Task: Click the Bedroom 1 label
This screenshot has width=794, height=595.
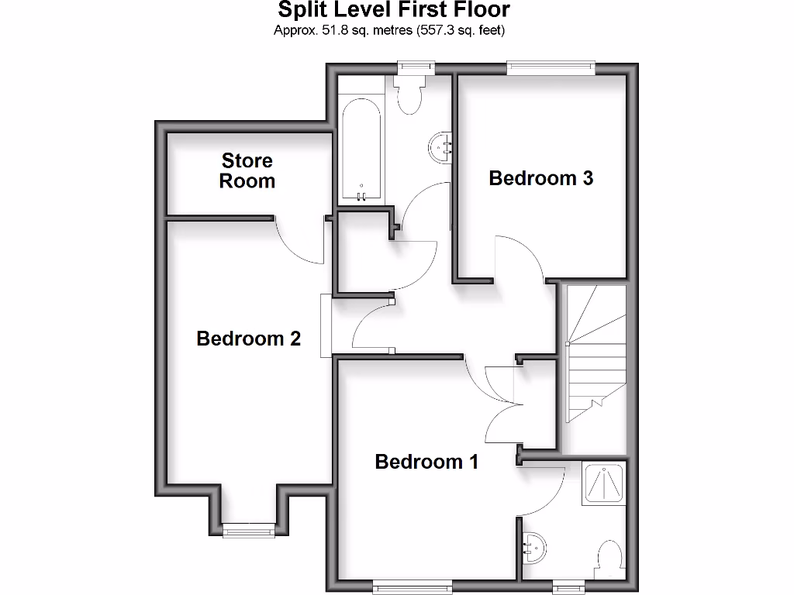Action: [x=426, y=462]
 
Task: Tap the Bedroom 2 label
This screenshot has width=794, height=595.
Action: [x=248, y=339]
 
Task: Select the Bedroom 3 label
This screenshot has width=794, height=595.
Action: [x=540, y=178]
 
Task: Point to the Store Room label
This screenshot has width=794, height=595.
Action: [x=247, y=170]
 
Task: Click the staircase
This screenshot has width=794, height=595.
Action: [x=595, y=353]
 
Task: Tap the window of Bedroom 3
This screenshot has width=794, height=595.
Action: [x=551, y=69]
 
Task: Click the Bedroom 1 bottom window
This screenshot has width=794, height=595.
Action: [x=403, y=585]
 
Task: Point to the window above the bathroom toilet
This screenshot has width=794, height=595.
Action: [x=414, y=68]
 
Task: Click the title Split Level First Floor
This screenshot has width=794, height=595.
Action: [x=394, y=10]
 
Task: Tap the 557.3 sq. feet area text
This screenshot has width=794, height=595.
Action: [x=461, y=30]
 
